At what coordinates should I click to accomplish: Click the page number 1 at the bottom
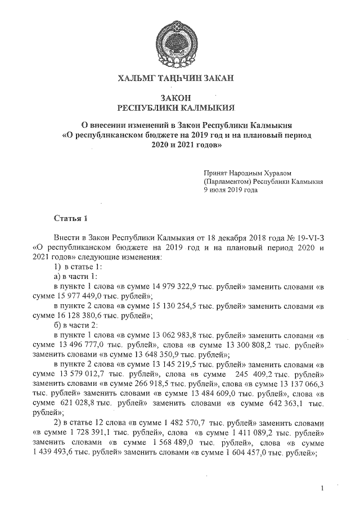click(322, 489)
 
